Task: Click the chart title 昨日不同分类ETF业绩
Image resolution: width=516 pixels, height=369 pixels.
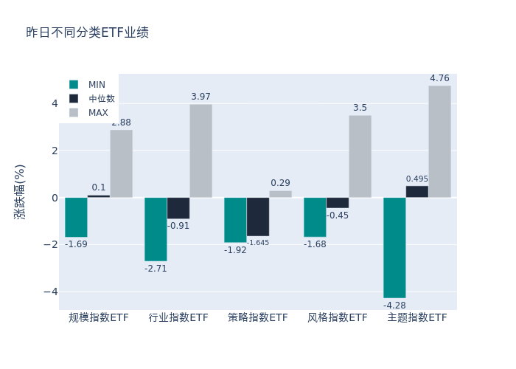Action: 87,32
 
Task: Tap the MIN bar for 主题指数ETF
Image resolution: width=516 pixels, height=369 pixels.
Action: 394,247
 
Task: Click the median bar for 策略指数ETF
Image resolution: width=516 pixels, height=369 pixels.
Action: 258,216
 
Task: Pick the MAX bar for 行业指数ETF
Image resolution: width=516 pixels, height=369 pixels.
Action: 201,151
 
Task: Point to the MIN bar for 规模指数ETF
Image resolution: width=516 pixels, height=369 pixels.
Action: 76,217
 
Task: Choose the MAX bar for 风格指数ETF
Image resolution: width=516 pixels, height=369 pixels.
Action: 360,156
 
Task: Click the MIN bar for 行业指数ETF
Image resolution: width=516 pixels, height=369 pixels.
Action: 156,229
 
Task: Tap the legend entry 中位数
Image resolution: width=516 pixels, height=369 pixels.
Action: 93,99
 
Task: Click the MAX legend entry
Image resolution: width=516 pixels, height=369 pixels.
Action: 89,113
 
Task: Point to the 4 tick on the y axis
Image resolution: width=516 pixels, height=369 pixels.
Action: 55,103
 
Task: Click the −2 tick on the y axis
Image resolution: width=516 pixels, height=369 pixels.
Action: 52,244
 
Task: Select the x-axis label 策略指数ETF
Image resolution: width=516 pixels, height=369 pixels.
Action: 258,318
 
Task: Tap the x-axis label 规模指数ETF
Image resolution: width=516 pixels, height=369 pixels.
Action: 99,318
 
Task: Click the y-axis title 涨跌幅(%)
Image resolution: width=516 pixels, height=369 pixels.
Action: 20,192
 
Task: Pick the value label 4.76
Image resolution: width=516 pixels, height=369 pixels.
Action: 439,78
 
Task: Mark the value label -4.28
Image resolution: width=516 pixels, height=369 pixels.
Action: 394,305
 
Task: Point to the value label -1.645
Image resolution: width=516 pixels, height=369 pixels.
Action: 258,243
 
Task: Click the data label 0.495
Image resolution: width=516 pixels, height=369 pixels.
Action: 416,179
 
